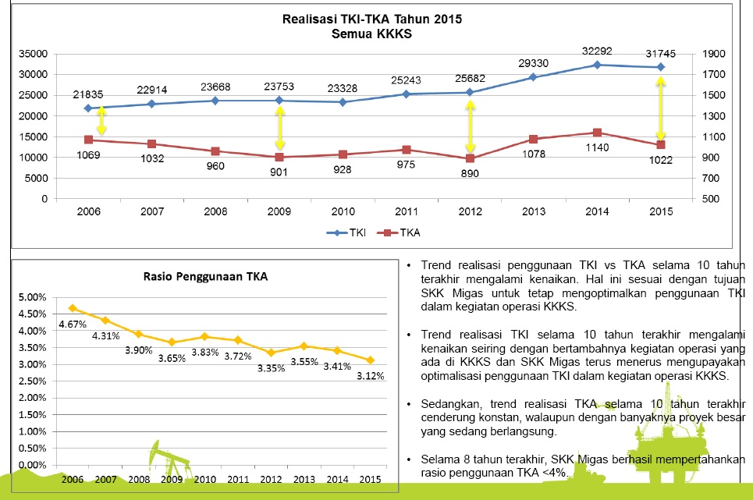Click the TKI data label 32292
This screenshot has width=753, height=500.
click(597, 51)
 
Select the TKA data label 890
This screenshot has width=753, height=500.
click(470, 172)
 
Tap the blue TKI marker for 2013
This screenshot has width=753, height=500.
click(533, 77)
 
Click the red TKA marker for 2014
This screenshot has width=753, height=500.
click(597, 133)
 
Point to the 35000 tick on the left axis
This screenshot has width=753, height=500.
click(34, 54)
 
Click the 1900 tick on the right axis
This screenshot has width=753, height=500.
click(713, 54)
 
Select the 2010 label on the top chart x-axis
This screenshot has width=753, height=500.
click(343, 212)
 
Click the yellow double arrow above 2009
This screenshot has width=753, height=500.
click(279, 128)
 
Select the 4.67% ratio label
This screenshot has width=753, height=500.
click(71, 323)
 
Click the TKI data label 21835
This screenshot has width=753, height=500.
click(87, 94)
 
